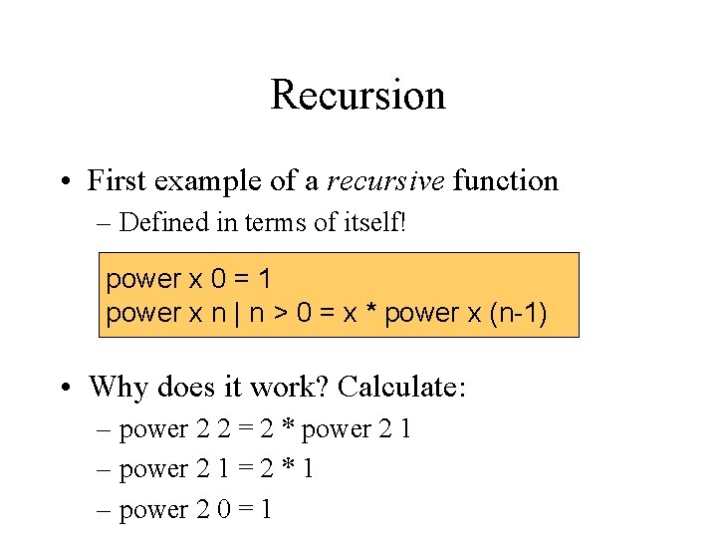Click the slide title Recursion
click(358, 96)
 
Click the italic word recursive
click(385, 181)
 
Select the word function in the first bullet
click(506, 181)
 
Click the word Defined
click(158, 222)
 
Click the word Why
click(116, 386)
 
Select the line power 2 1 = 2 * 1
click(216, 469)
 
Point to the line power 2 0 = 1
click(196, 510)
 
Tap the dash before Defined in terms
click(106, 223)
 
